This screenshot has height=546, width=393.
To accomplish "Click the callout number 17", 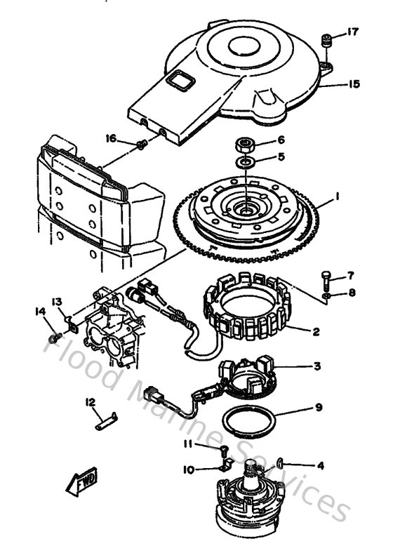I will tap(352, 32).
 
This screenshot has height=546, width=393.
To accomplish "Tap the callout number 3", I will tap(317, 366).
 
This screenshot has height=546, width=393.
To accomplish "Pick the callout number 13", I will tap(57, 301).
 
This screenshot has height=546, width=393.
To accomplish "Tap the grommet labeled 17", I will tap(326, 41).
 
